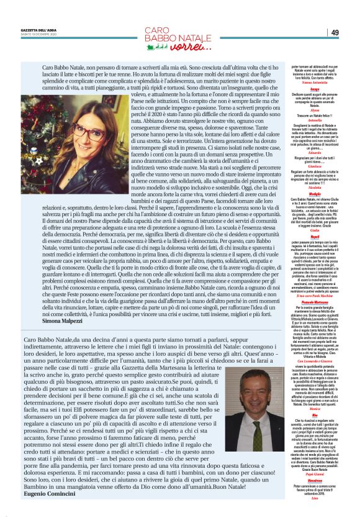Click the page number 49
click(334, 33)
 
